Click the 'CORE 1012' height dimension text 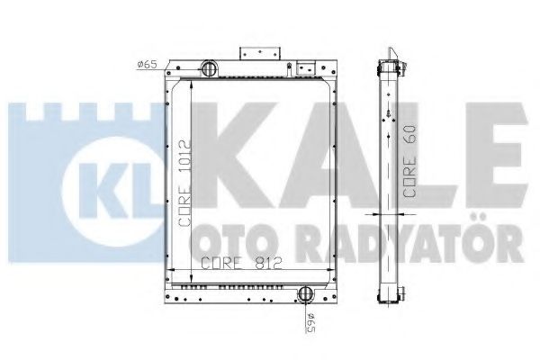click(183, 185)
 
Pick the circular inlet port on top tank click(208, 68)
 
